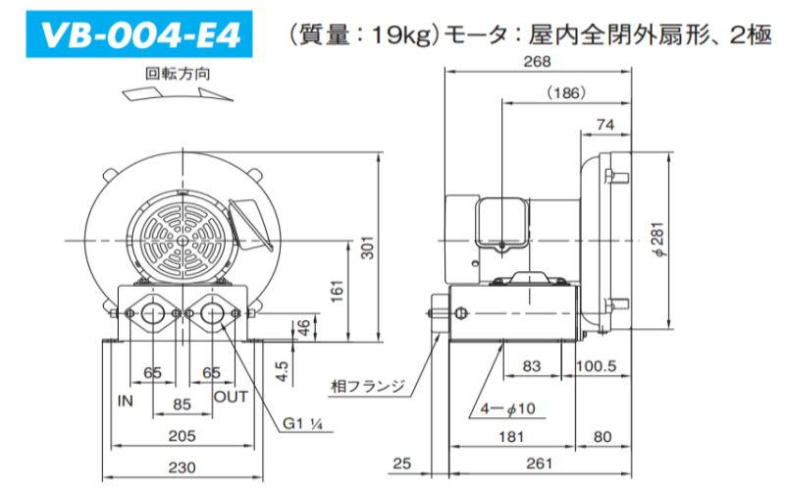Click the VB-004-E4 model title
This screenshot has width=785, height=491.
(x=139, y=35)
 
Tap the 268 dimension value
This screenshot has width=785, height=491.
(x=537, y=62)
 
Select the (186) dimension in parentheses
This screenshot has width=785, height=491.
(x=566, y=93)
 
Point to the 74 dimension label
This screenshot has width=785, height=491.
(x=605, y=125)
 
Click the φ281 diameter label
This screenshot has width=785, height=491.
(x=659, y=240)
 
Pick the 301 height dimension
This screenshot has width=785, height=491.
(x=368, y=247)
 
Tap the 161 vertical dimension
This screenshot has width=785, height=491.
(x=338, y=291)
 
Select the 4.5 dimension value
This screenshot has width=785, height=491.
(x=283, y=371)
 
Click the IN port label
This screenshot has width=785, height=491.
(x=126, y=401)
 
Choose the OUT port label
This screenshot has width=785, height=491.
(x=231, y=397)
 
